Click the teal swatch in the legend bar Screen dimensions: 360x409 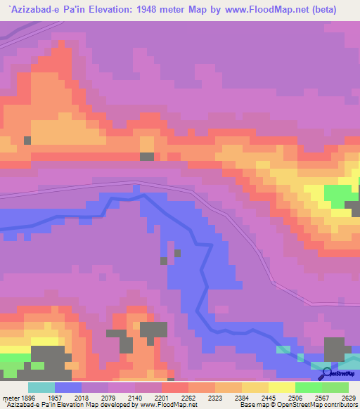(41, 387)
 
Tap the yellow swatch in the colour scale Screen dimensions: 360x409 (282, 387)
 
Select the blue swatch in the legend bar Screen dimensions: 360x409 (68, 387)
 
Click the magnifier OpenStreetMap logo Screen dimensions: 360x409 (326, 372)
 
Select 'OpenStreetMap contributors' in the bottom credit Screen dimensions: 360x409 (320, 405)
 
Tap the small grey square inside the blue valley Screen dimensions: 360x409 (177, 252)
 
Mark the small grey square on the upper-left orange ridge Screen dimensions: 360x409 (27, 140)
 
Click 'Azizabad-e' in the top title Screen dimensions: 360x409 (30, 9)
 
